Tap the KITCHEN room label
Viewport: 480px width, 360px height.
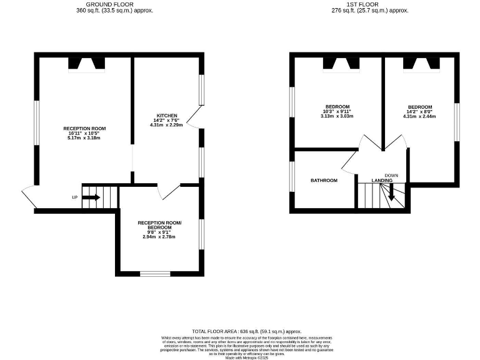tap(167, 116)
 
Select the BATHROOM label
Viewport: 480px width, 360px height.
tap(324, 181)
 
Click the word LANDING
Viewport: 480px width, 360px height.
tap(382, 181)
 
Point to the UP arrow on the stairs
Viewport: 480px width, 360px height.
tap(91, 197)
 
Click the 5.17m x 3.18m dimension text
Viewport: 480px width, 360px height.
tap(84, 138)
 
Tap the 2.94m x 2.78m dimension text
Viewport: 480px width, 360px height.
tap(159, 237)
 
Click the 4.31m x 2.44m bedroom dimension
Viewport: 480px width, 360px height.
tap(419, 116)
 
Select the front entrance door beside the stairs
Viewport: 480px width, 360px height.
tap(29, 196)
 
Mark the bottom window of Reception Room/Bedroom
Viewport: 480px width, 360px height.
tap(153, 273)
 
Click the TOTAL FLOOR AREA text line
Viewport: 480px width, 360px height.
tap(246, 331)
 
